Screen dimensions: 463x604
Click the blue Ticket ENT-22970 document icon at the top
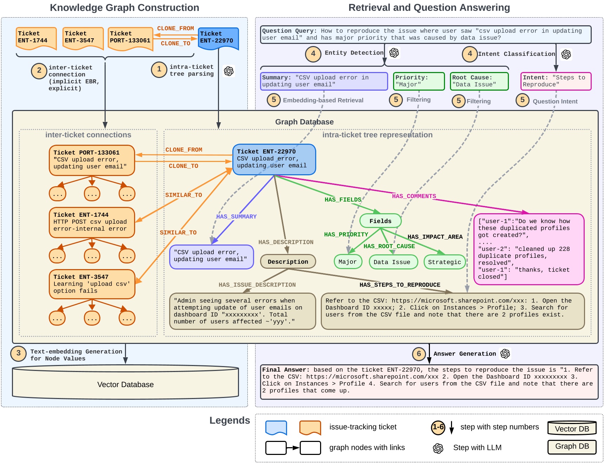[218, 38]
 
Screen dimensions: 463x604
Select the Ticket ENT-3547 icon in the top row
[83, 38]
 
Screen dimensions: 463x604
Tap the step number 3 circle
[18, 353]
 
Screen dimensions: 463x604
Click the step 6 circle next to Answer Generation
[419, 353]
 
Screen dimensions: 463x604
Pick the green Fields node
[380, 221]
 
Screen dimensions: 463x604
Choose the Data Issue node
[393, 262]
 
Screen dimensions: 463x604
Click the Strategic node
[444, 262]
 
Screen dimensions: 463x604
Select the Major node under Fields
[347, 262]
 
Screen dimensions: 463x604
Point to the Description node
[288, 262]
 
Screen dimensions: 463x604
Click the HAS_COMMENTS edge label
[414, 196]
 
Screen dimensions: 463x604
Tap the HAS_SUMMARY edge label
[236, 216]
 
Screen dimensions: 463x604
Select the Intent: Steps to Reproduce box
[556, 81]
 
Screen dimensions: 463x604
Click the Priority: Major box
[419, 81]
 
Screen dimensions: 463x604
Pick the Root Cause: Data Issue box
[479, 81]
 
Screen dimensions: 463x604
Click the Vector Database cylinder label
[125, 385]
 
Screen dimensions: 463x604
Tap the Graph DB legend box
[572, 446]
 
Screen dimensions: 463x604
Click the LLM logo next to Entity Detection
[394, 53]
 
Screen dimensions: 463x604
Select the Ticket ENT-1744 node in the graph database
[92, 222]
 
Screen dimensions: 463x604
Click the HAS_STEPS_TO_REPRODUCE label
[399, 285]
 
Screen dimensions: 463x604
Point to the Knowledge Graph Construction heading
[124, 8]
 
